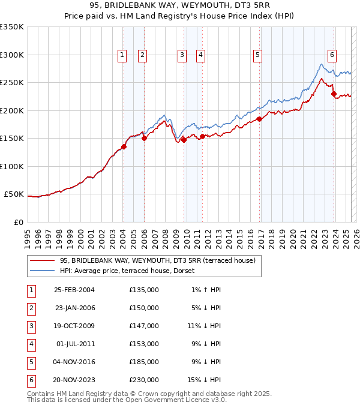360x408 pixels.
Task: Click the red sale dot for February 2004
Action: [x=124, y=146]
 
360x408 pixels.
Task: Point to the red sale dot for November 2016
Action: [x=260, y=119]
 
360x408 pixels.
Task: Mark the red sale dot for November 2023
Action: [x=334, y=94]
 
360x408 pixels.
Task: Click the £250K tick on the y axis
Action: [x=12, y=82]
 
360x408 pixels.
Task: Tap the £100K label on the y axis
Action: [x=12, y=166]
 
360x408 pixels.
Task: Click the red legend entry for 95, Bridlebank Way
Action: [x=158, y=260]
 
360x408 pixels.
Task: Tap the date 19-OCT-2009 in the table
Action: [x=74, y=325]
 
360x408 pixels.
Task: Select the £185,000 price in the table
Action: [x=144, y=362]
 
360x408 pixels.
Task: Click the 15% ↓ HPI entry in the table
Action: [x=204, y=380]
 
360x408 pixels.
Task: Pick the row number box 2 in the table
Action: [x=30, y=308]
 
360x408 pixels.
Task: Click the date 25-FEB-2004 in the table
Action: [x=74, y=290]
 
